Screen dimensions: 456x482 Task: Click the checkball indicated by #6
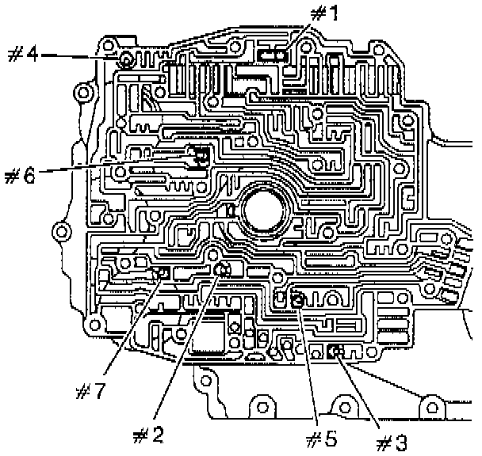(x=198, y=157)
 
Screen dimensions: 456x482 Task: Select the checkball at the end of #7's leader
(x=163, y=273)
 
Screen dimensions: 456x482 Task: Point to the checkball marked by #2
(x=223, y=272)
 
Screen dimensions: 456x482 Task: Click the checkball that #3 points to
(x=335, y=351)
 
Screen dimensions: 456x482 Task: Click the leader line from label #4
(x=79, y=57)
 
